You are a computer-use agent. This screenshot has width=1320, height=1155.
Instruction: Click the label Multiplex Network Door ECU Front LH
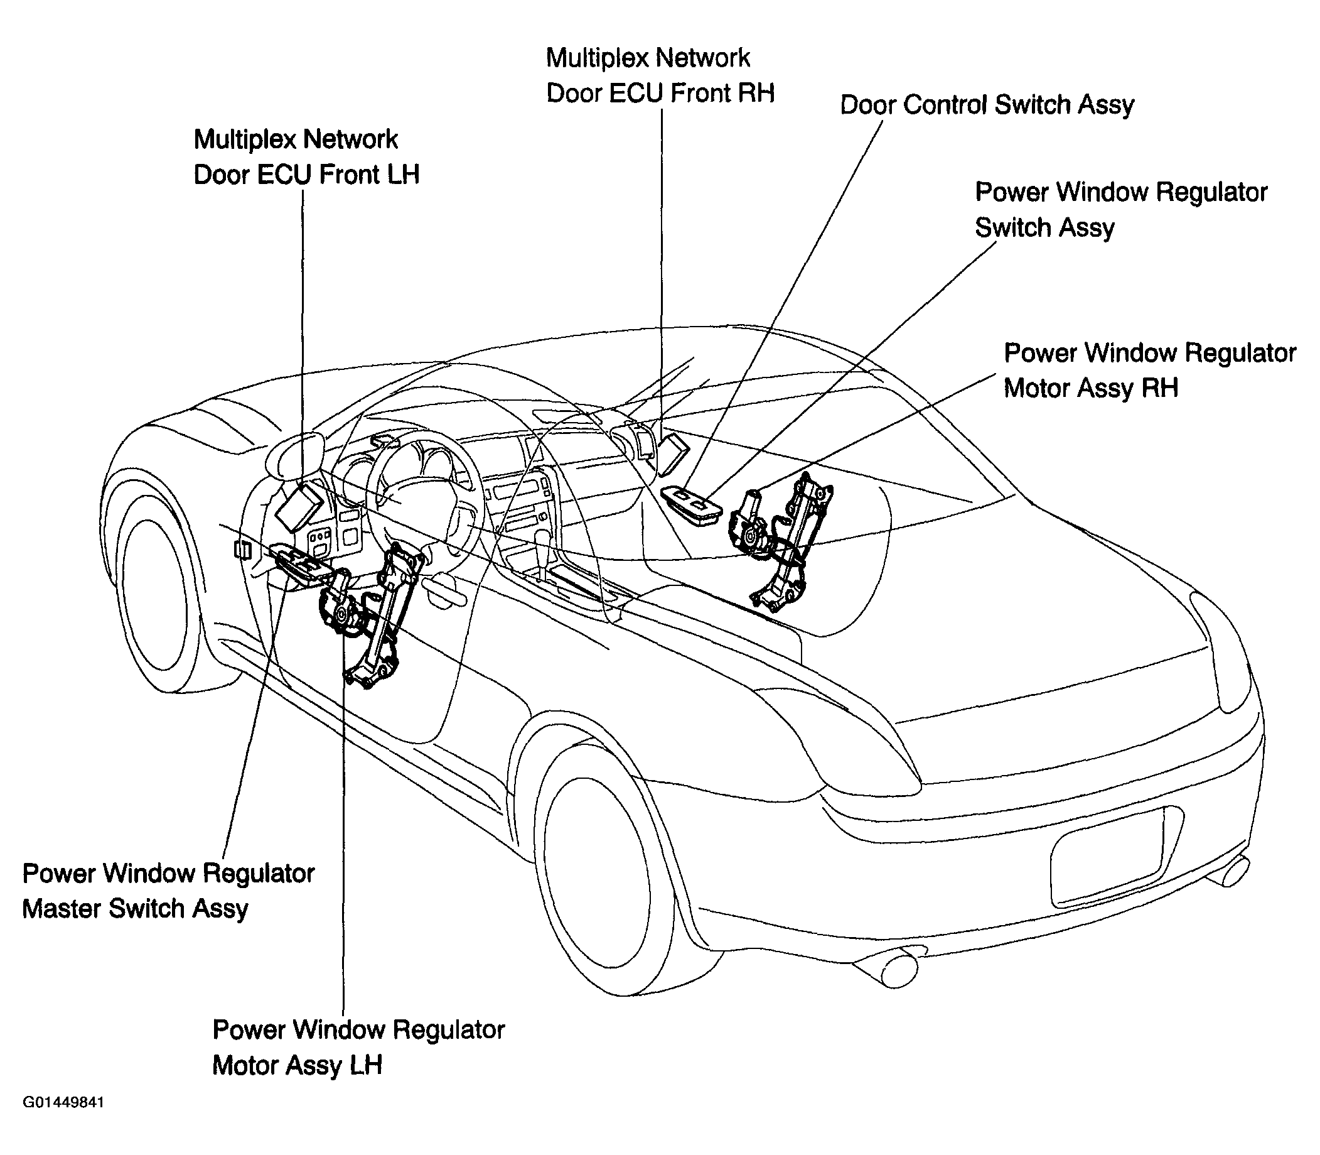(x=307, y=156)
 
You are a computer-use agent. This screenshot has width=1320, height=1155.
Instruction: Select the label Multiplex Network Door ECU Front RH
(x=660, y=75)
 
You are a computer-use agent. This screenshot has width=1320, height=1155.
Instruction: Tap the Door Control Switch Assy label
(x=987, y=105)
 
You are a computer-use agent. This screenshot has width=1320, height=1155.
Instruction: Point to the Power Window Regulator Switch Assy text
(x=1121, y=210)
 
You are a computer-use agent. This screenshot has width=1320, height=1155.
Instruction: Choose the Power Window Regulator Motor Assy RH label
(x=1150, y=370)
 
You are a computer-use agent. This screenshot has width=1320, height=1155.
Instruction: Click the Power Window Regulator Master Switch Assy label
(x=168, y=891)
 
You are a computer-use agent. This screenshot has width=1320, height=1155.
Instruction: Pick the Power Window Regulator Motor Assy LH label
(x=358, y=1048)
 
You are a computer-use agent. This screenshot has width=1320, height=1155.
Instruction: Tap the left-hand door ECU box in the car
(x=299, y=506)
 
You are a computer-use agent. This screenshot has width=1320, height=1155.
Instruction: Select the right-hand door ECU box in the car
(x=673, y=453)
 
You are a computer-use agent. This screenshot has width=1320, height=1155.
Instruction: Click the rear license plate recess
(x=1107, y=857)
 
